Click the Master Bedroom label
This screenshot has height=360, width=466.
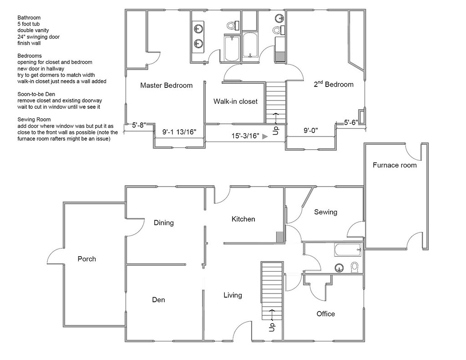coord(166,85)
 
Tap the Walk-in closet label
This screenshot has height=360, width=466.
coord(235,101)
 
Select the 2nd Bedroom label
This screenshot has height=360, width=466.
coord(334,84)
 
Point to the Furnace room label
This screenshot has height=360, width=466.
coord(395,165)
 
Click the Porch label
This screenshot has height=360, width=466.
coord(86,259)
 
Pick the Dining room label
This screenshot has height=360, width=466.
coord(163,223)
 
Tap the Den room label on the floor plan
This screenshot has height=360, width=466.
coord(158,299)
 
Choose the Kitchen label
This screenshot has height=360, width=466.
coord(243,219)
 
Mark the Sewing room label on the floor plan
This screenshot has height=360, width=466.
coord(325,212)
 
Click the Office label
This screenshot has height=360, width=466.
coord(325,314)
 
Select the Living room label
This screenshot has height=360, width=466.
coord(233,295)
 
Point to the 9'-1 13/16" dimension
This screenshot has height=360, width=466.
coord(179,132)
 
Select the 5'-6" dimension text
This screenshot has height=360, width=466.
coord(351,122)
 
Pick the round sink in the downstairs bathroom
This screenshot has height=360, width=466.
coord(339,268)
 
